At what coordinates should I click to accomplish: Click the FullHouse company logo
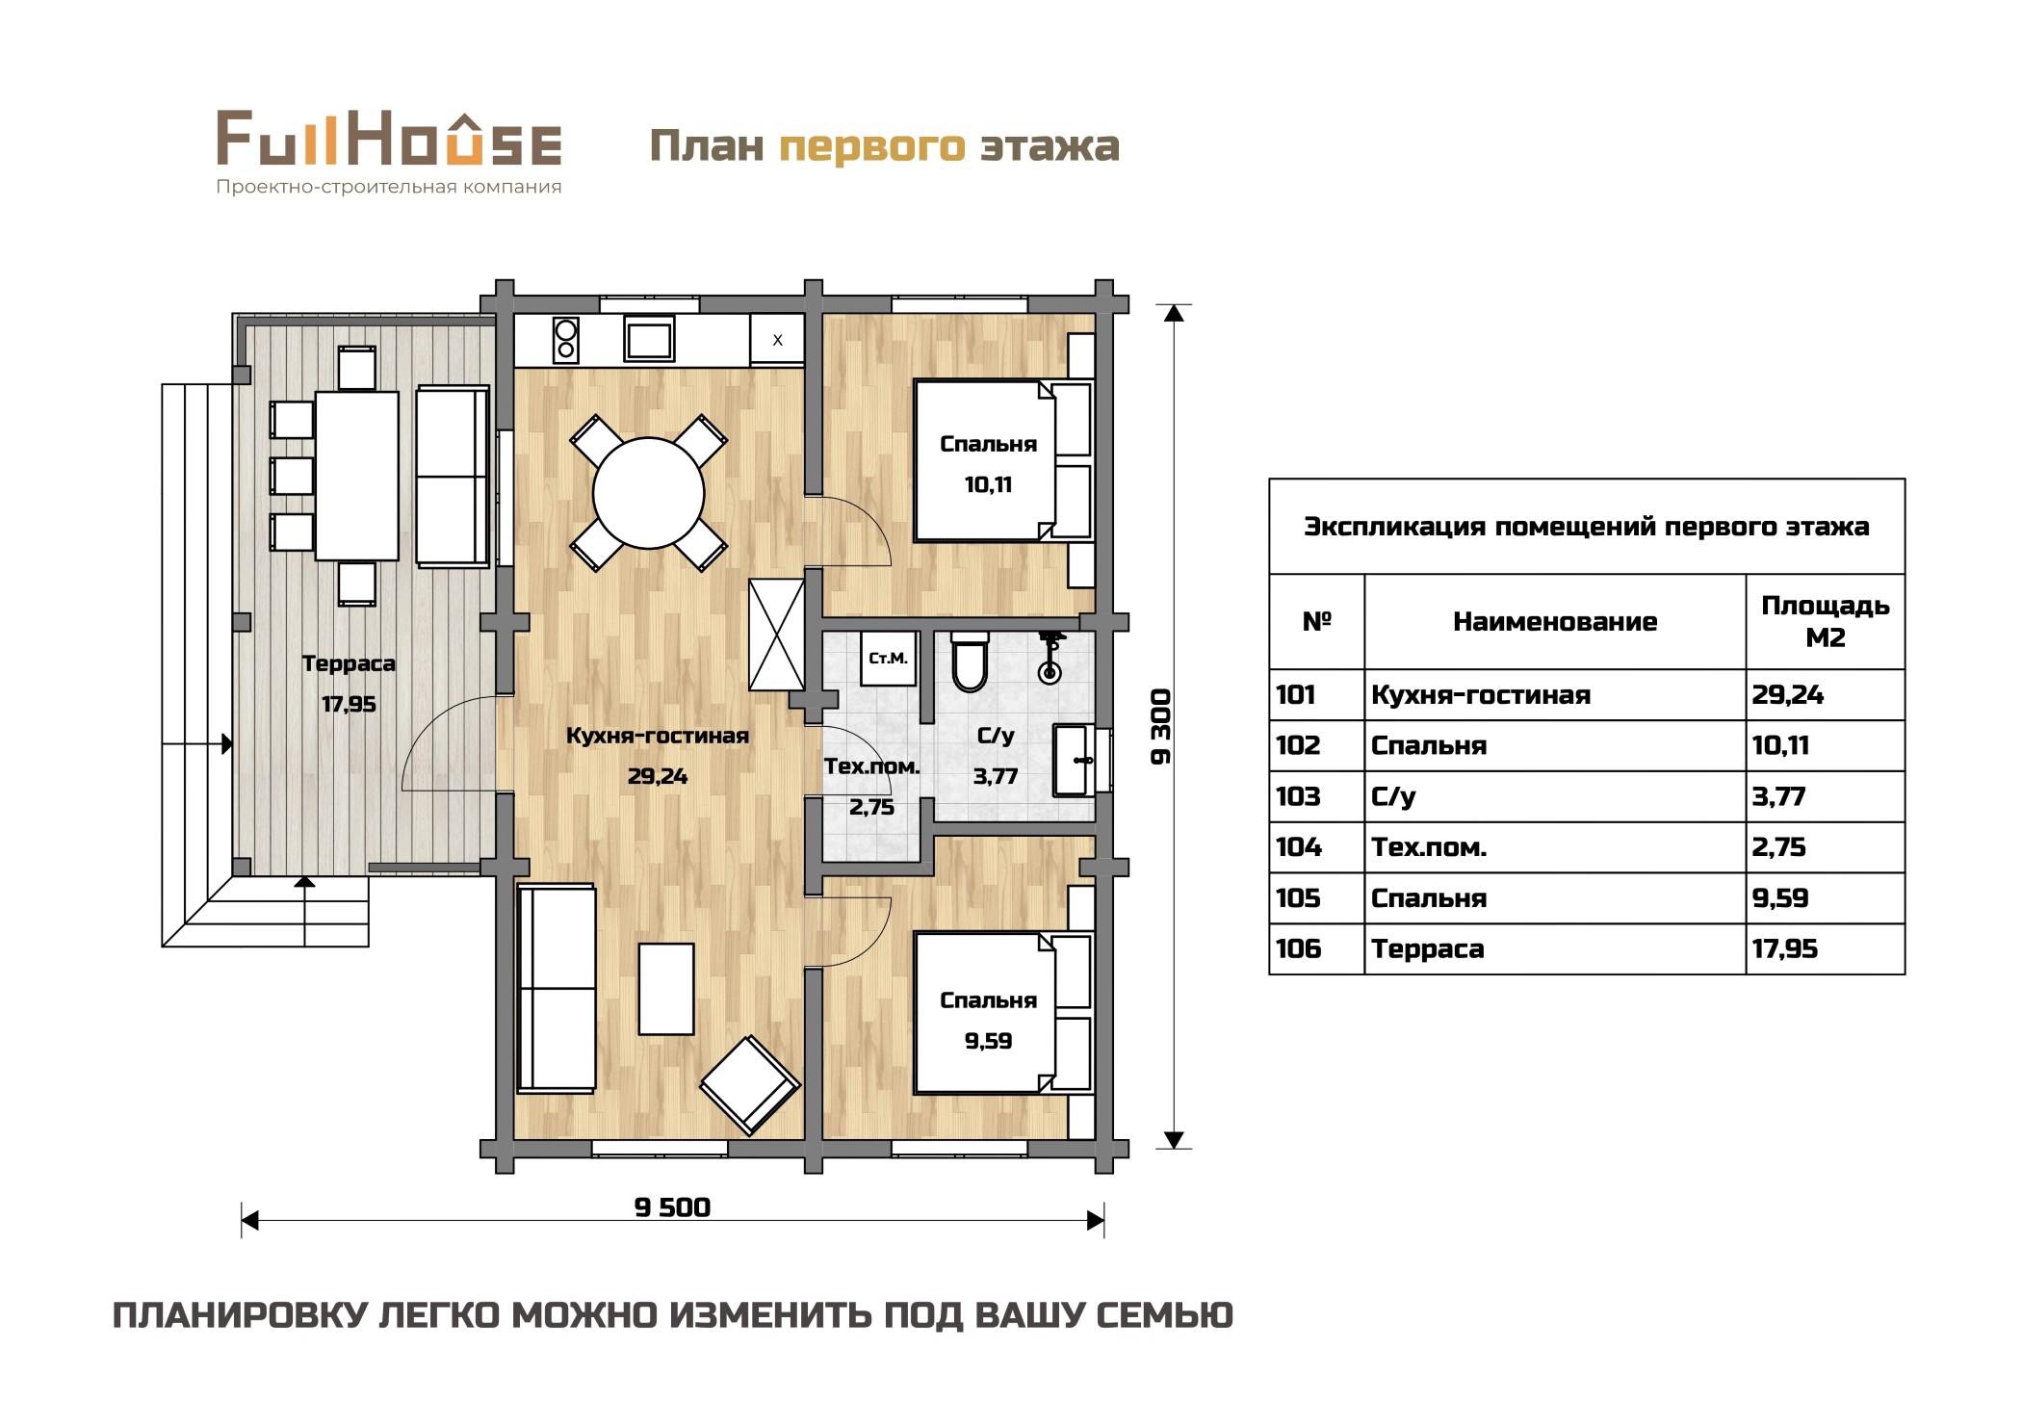(389, 152)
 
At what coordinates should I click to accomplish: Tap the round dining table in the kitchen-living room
(649, 494)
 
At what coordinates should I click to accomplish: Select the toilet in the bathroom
(970, 662)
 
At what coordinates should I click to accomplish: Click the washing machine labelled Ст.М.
(888, 659)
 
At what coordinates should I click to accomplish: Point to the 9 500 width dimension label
(672, 1207)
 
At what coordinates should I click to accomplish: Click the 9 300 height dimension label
(1162, 727)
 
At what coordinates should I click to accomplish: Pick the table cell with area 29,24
(1825, 695)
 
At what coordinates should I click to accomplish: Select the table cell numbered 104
(1316, 847)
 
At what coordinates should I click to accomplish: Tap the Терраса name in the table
(1428, 949)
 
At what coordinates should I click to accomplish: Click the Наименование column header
(1555, 622)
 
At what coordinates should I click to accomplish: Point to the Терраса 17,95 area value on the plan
(349, 705)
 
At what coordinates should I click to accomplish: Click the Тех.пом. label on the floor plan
(871, 766)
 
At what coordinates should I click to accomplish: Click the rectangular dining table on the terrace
(357, 476)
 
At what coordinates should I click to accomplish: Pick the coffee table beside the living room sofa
(666, 989)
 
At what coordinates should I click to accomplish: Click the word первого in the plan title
(871, 146)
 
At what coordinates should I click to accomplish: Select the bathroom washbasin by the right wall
(1074, 761)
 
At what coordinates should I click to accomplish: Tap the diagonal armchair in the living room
(750, 1085)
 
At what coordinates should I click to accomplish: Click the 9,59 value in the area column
(1780, 898)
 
